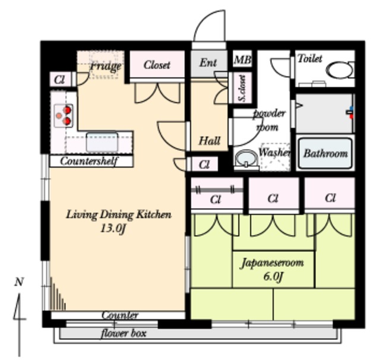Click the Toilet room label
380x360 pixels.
[x=310, y=58]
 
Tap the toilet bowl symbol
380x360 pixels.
[x=341, y=70]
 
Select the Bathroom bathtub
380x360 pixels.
[x=325, y=153]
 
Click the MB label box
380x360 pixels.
[x=242, y=59]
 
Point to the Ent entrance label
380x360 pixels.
[x=208, y=62]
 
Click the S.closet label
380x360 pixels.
[x=242, y=88]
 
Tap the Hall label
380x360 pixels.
[x=210, y=141]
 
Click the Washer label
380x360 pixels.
[x=274, y=152]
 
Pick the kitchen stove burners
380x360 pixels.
[x=64, y=116]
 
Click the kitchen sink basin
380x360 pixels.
[x=102, y=141]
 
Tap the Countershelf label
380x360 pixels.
[x=89, y=161]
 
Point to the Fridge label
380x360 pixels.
[x=106, y=66]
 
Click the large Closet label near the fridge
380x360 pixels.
[x=157, y=65]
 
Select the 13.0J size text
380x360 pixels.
[x=113, y=228]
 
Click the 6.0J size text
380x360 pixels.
[x=273, y=276]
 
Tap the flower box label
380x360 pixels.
[x=123, y=333]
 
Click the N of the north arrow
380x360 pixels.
[x=19, y=282]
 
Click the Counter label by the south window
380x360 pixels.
[x=120, y=315]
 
